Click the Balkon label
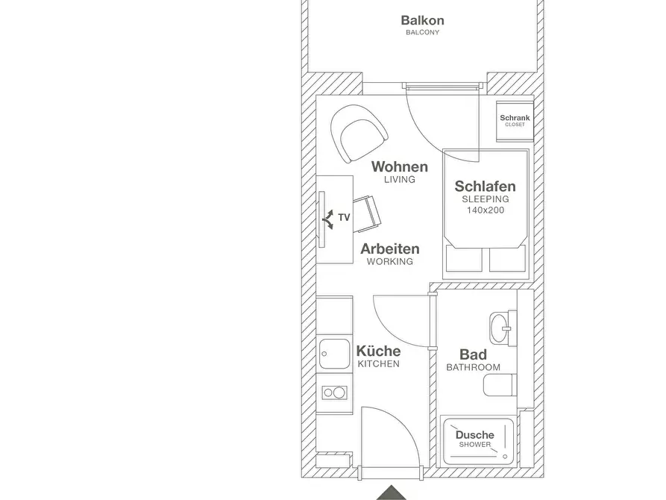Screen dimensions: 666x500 coord(422,20)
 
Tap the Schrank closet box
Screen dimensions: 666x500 coord(515,121)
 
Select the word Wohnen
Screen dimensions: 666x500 coord(400,166)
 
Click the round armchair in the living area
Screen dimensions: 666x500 coord(359,133)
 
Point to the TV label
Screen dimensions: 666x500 coord(344,218)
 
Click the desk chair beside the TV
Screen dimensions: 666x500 coord(367,214)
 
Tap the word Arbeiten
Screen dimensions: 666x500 coord(390,249)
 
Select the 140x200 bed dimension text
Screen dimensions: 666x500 coord(486,210)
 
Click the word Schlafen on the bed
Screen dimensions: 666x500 coord(485,187)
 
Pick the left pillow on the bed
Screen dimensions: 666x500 coord(464,259)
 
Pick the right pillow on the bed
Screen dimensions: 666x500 coord(507,259)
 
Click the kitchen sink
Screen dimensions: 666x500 coord(336,354)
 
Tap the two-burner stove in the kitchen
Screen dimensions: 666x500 coord(335,393)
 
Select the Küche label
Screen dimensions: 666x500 coord(378,351)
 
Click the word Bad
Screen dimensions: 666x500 coord(473,354)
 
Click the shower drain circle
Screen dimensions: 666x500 coord(505,457)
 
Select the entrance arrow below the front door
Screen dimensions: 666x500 coord(392,493)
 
